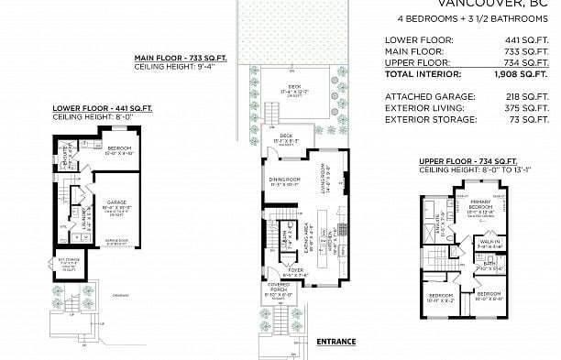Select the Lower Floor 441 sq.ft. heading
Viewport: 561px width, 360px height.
click(89, 107)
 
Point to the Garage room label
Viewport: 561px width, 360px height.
click(115, 202)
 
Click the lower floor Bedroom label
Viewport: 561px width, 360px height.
click(120, 148)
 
